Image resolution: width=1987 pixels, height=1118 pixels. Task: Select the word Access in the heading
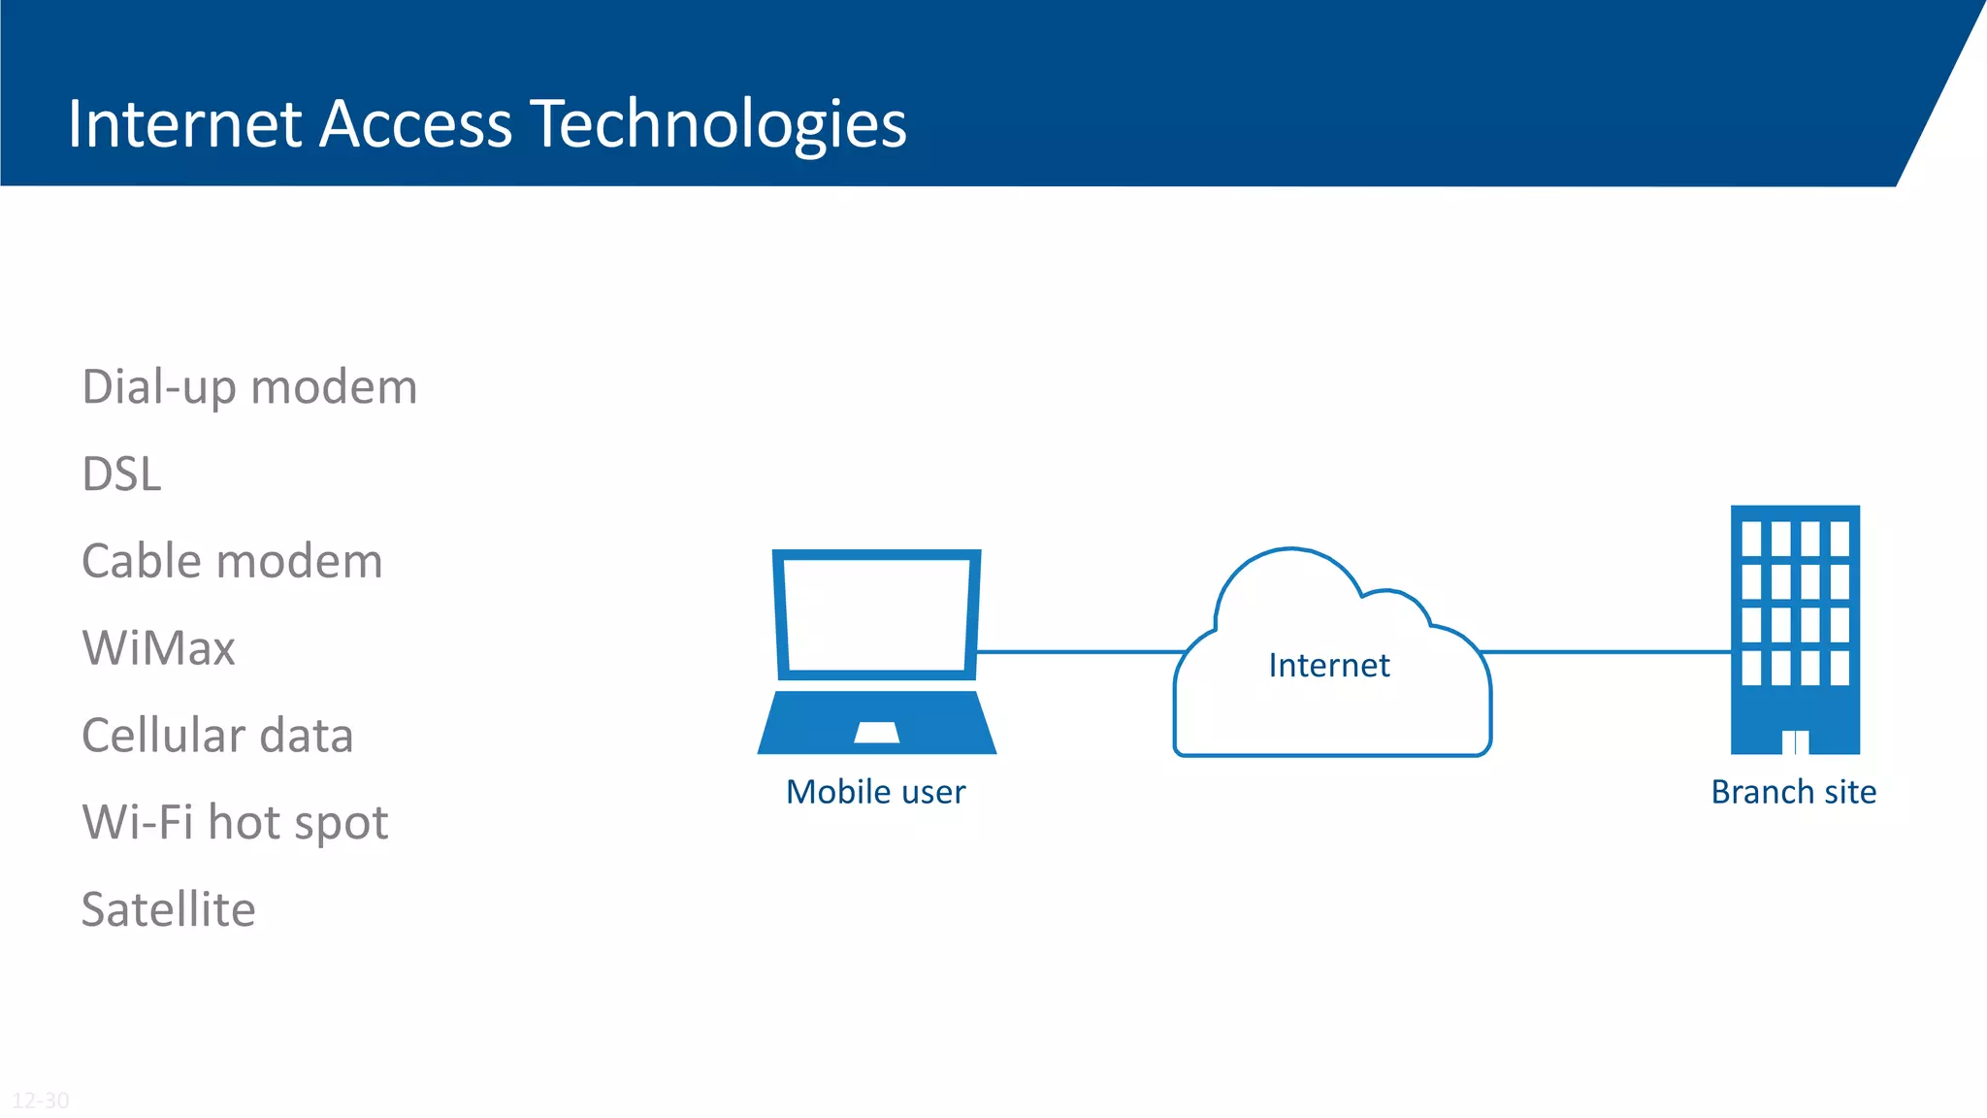coord(415,124)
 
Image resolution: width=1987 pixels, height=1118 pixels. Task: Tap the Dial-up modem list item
coord(249,387)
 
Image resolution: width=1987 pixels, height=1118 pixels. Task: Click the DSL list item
coord(121,475)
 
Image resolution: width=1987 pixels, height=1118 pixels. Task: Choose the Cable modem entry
coord(232,562)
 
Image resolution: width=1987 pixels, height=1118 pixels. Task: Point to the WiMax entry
coord(159,648)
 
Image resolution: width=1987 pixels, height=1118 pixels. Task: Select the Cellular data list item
coord(217,736)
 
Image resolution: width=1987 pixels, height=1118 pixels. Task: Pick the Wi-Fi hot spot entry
coord(235,823)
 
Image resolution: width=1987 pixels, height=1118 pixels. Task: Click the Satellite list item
coord(169,910)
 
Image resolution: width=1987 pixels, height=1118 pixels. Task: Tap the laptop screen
coord(876,614)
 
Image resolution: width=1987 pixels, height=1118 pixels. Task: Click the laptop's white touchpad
coord(876,733)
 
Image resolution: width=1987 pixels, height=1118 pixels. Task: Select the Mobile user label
coord(875,792)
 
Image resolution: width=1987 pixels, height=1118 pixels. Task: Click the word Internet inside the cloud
coord(1329,666)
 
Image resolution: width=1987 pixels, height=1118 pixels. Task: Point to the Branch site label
coord(1793,792)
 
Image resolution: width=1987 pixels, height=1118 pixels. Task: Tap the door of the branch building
coord(1795,742)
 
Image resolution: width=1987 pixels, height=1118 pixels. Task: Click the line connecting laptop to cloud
coord(1077,651)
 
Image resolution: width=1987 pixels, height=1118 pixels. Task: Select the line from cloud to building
coord(1606,651)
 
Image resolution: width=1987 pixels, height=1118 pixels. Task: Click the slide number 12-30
coord(41,1100)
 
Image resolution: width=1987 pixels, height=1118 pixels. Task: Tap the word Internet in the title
coord(184,124)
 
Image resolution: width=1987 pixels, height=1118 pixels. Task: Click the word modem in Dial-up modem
coord(334,387)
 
